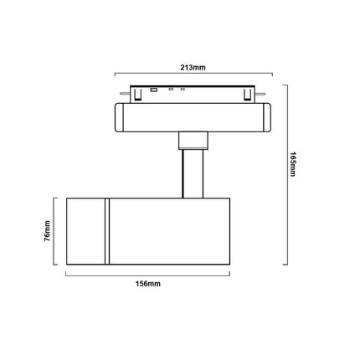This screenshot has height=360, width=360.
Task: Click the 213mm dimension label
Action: tap(193, 68)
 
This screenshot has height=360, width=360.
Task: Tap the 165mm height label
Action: tap(292, 164)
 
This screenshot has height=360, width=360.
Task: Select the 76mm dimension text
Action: tap(47, 231)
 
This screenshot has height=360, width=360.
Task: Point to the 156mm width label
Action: tap(148, 284)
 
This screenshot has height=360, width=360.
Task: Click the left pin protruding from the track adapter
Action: tap(125, 94)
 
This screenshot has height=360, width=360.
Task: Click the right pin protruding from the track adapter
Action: tap(260, 94)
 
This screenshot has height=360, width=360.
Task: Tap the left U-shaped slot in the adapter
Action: tap(136, 95)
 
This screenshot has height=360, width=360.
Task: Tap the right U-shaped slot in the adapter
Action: tap(246, 95)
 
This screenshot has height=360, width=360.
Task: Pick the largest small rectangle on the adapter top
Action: tap(153, 90)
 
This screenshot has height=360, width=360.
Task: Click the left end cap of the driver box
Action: tap(119, 117)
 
